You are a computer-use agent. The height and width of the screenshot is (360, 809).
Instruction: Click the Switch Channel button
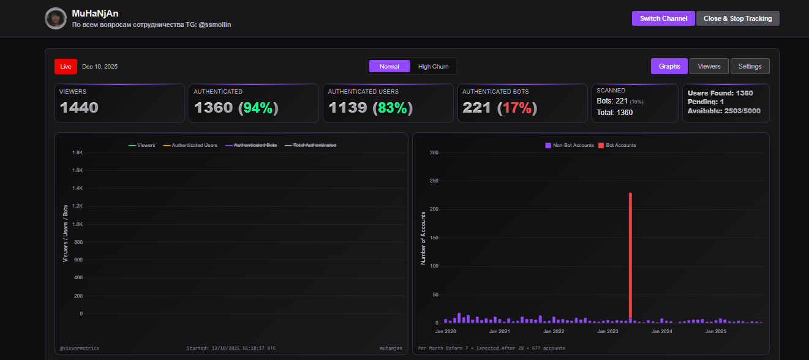[663, 18]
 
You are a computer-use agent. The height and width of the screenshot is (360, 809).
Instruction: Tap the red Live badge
[66, 66]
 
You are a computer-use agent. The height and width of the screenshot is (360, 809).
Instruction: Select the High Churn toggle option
[433, 66]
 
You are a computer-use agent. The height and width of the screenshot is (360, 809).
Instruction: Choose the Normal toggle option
[389, 66]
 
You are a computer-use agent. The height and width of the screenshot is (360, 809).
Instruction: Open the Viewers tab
[709, 66]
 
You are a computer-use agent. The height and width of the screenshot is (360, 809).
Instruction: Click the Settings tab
[750, 66]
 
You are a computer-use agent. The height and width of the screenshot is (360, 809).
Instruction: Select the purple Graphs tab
[669, 66]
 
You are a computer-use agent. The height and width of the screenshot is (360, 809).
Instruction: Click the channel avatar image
[56, 18]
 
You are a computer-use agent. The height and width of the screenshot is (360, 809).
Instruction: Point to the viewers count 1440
[79, 108]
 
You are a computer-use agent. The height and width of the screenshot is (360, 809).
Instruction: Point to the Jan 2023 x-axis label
[608, 331]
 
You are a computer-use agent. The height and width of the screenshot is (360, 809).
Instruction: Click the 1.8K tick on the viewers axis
[77, 152]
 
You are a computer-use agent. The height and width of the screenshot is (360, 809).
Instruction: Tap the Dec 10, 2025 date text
[100, 66]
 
